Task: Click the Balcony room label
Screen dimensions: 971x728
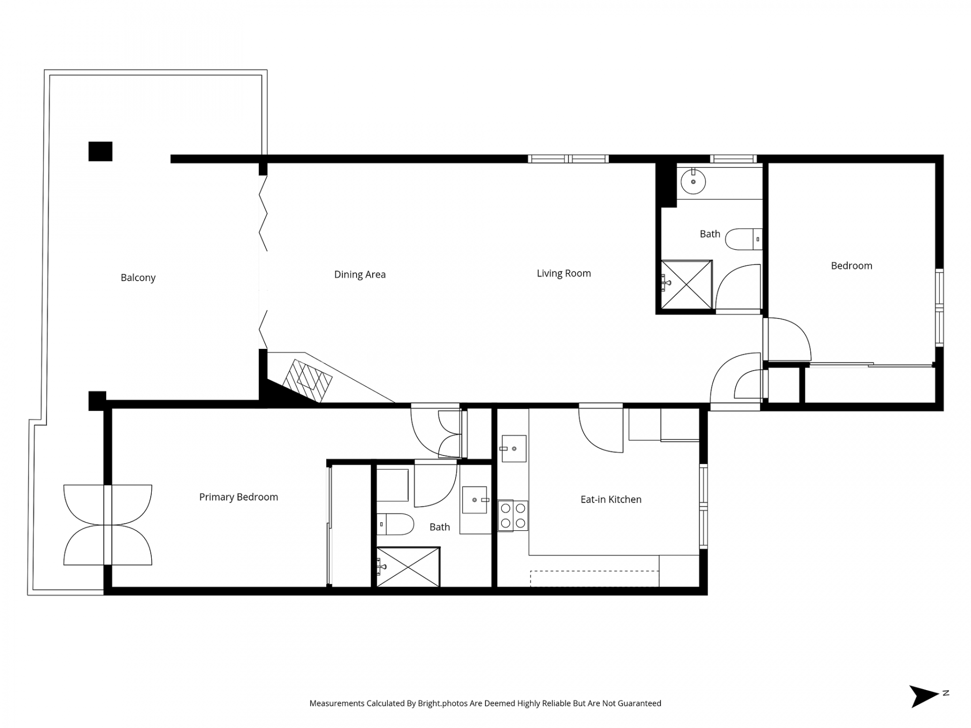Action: [138, 278]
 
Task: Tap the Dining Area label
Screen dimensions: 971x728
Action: [360, 275]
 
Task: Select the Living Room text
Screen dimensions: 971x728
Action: [563, 274]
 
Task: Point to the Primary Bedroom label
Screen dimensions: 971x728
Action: [239, 497]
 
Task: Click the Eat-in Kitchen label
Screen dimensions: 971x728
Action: [611, 499]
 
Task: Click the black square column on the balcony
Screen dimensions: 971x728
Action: [100, 151]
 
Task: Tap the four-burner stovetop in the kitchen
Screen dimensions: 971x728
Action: [513, 516]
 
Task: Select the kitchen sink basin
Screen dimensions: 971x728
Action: [514, 448]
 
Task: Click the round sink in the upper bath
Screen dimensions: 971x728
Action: [693, 181]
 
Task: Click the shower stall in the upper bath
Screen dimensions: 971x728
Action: [687, 284]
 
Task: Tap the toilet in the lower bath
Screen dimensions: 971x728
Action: [395, 524]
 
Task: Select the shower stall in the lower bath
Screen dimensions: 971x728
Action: [408, 567]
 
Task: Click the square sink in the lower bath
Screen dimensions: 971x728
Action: [474, 500]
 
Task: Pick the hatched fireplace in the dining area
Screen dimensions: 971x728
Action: [307, 381]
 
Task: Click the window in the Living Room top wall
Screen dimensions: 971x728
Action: [568, 159]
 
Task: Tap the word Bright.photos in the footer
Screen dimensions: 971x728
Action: [443, 703]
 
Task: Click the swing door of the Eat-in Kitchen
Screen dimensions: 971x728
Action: [601, 430]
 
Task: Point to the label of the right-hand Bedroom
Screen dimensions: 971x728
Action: [852, 266]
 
